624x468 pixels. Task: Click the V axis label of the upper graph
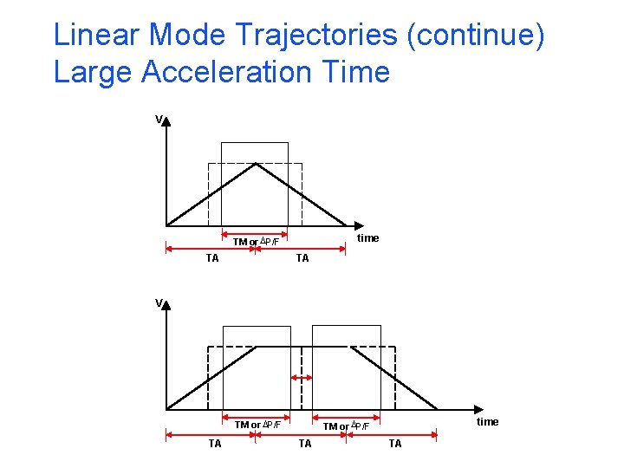[x=159, y=119]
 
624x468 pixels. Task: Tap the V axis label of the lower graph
[x=159, y=302]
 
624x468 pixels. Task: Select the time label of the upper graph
[x=367, y=237]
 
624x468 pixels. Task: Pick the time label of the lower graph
[x=488, y=421]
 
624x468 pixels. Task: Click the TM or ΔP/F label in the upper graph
[x=256, y=241]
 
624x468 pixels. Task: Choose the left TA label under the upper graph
[x=211, y=257]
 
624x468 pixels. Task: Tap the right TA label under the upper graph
[x=302, y=257]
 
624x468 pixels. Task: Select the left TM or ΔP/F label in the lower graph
[x=257, y=425]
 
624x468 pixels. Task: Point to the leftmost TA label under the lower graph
[x=215, y=443]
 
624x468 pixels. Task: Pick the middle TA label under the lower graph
[x=305, y=443]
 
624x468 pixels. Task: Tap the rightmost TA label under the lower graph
[x=395, y=443]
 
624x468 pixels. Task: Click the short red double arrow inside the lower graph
[x=301, y=378]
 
